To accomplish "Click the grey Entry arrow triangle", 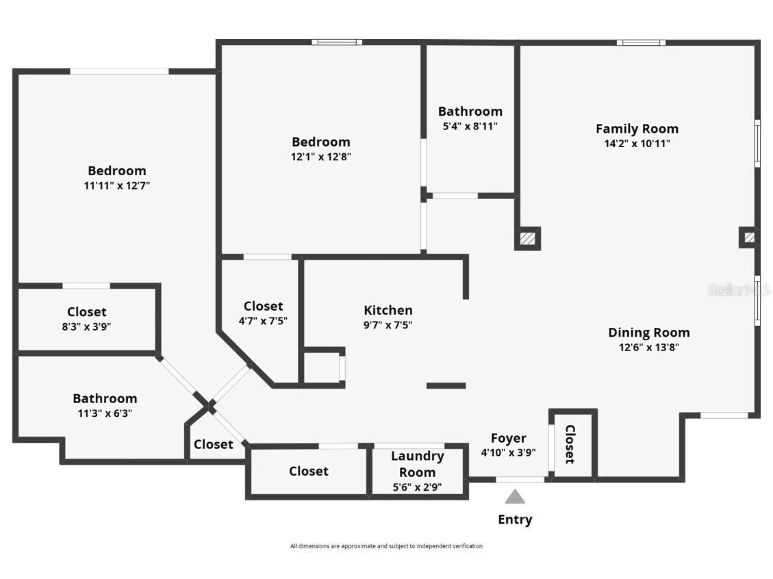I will pos(515,496).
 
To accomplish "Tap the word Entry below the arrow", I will pos(515,519).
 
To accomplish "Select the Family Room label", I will pos(637,129).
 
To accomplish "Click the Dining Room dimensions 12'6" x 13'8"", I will pos(649,347).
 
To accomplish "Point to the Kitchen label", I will pos(388,310).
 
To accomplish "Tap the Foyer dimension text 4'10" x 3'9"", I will pos(509,452).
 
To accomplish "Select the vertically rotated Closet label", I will pos(570,444).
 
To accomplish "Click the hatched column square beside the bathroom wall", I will pos(527,239).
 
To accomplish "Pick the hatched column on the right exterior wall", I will pos(749,237).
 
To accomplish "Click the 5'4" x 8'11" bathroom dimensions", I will pos(470,126).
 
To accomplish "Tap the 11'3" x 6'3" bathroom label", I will pos(105,413).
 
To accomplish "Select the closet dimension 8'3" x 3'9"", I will pos(86,327).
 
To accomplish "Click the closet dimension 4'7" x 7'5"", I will pos(263,321).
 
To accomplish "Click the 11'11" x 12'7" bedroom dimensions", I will pos(116,185).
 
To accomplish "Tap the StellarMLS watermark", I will pos(739,290).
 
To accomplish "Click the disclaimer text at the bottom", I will pos(386,546).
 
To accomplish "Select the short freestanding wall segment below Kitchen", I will pos(446,386).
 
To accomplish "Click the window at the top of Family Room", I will pos(641,42).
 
